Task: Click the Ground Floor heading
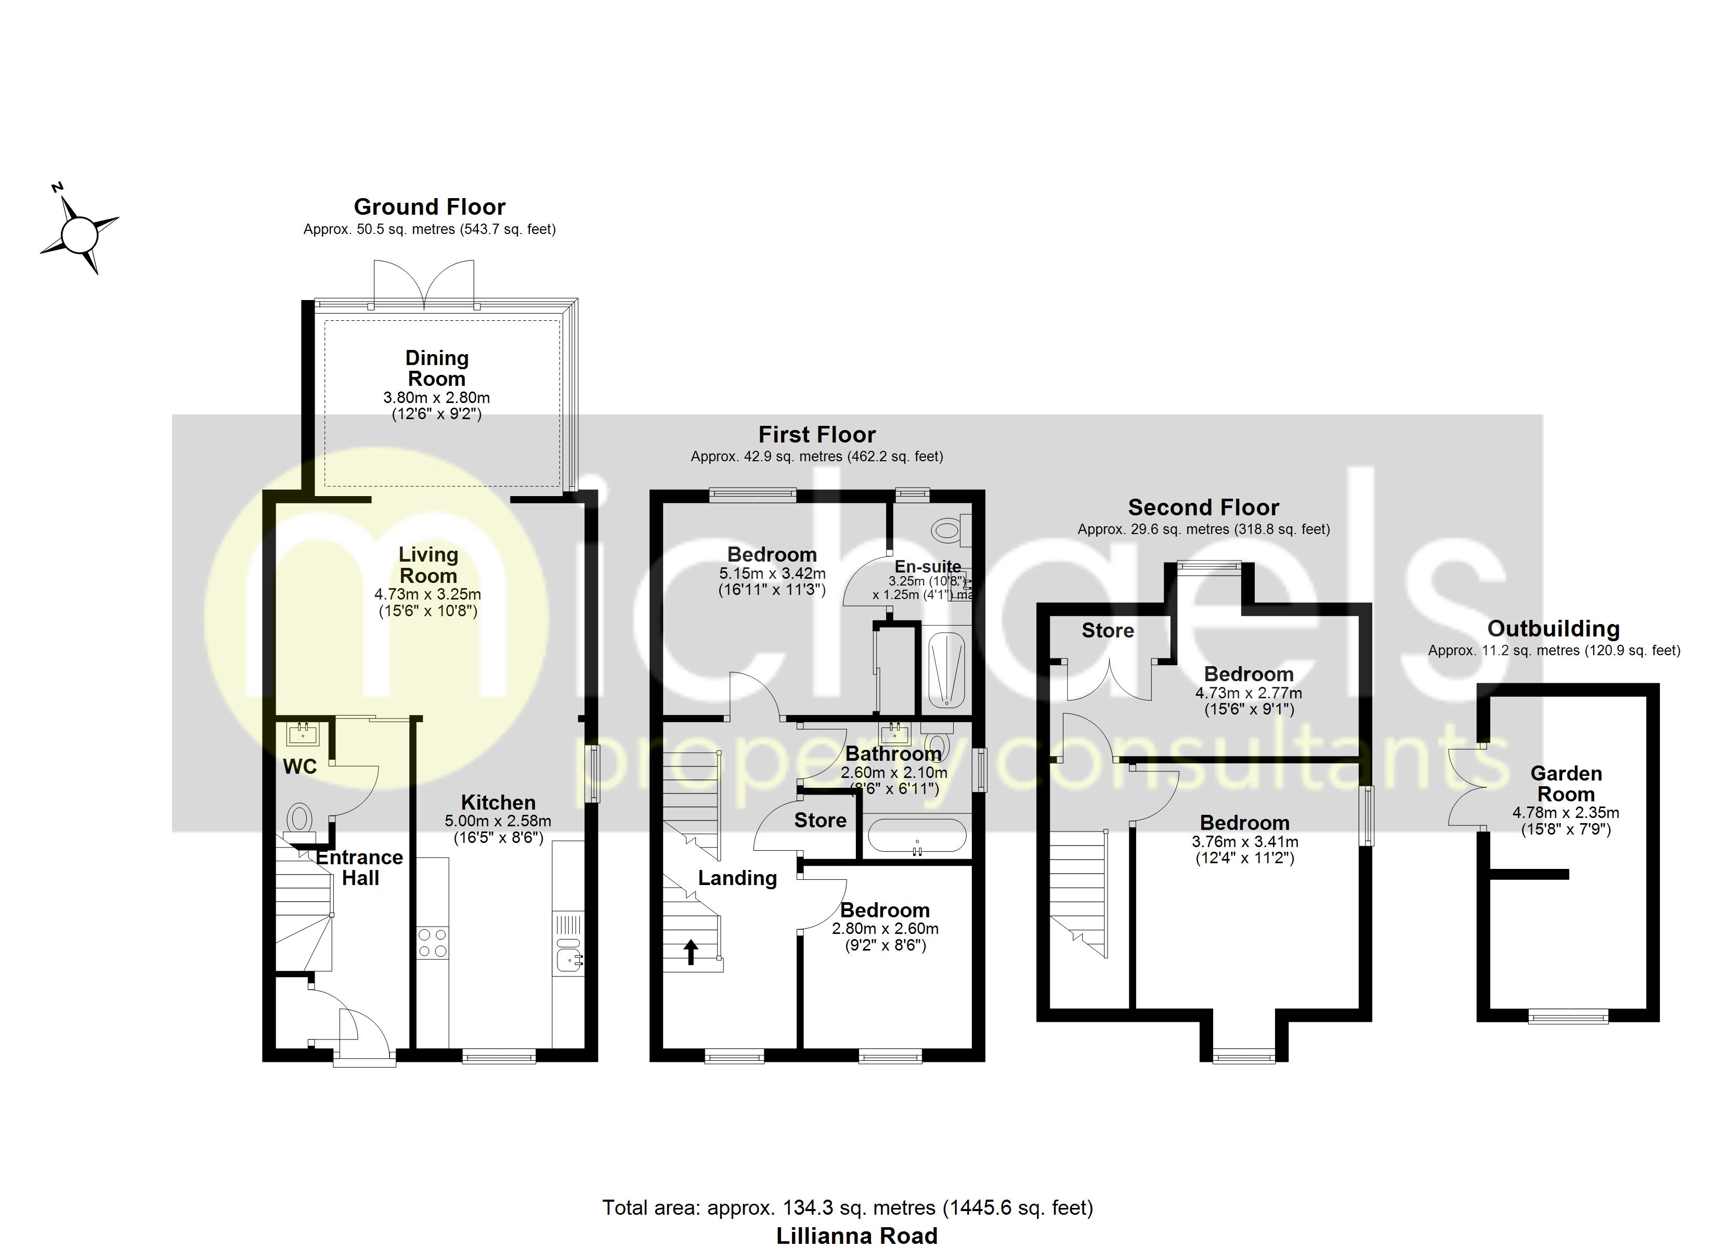[429, 206]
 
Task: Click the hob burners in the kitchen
[432, 943]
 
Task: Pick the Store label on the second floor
[1107, 630]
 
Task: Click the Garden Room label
[1565, 784]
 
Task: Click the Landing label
[737, 878]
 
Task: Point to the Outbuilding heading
[1553, 629]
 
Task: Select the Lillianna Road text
[856, 1235]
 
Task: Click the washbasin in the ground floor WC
[303, 733]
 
